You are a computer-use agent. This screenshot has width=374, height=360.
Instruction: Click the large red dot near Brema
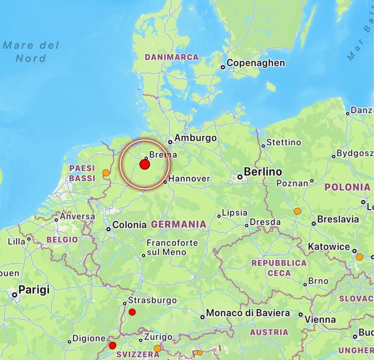pyautogui.click(x=145, y=164)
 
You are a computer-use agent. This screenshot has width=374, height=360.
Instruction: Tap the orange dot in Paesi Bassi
pyautogui.click(x=106, y=173)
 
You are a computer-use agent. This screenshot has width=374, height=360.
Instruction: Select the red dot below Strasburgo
pyautogui.click(x=132, y=312)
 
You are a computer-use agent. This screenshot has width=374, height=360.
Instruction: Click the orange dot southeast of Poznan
pyautogui.click(x=297, y=211)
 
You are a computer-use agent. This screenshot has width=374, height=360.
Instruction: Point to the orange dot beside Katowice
pyautogui.click(x=359, y=257)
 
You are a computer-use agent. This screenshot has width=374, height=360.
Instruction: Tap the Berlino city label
pyautogui.click(x=263, y=172)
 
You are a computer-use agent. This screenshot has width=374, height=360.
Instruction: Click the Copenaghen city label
pyautogui.click(x=256, y=63)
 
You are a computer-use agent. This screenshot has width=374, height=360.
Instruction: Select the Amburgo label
pyautogui.click(x=195, y=138)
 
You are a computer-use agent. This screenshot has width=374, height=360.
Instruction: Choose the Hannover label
pyautogui.click(x=189, y=179)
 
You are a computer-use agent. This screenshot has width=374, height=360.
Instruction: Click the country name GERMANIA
pyautogui.click(x=179, y=224)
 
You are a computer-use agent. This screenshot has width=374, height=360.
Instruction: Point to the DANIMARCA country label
pyautogui.click(x=171, y=57)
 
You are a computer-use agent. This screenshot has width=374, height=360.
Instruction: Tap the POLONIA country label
pyautogui.click(x=348, y=187)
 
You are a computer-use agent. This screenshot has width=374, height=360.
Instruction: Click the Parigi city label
pyautogui.click(x=34, y=290)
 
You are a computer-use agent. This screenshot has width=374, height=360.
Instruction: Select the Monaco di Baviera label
pyautogui.click(x=248, y=313)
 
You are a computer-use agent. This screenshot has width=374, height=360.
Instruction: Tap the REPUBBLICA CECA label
pyautogui.click(x=279, y=268)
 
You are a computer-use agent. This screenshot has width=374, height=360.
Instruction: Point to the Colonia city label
pyautogui.click(x=129, y=225)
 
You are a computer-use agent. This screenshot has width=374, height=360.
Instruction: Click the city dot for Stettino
pyautogui.click(x=263, y=146)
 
